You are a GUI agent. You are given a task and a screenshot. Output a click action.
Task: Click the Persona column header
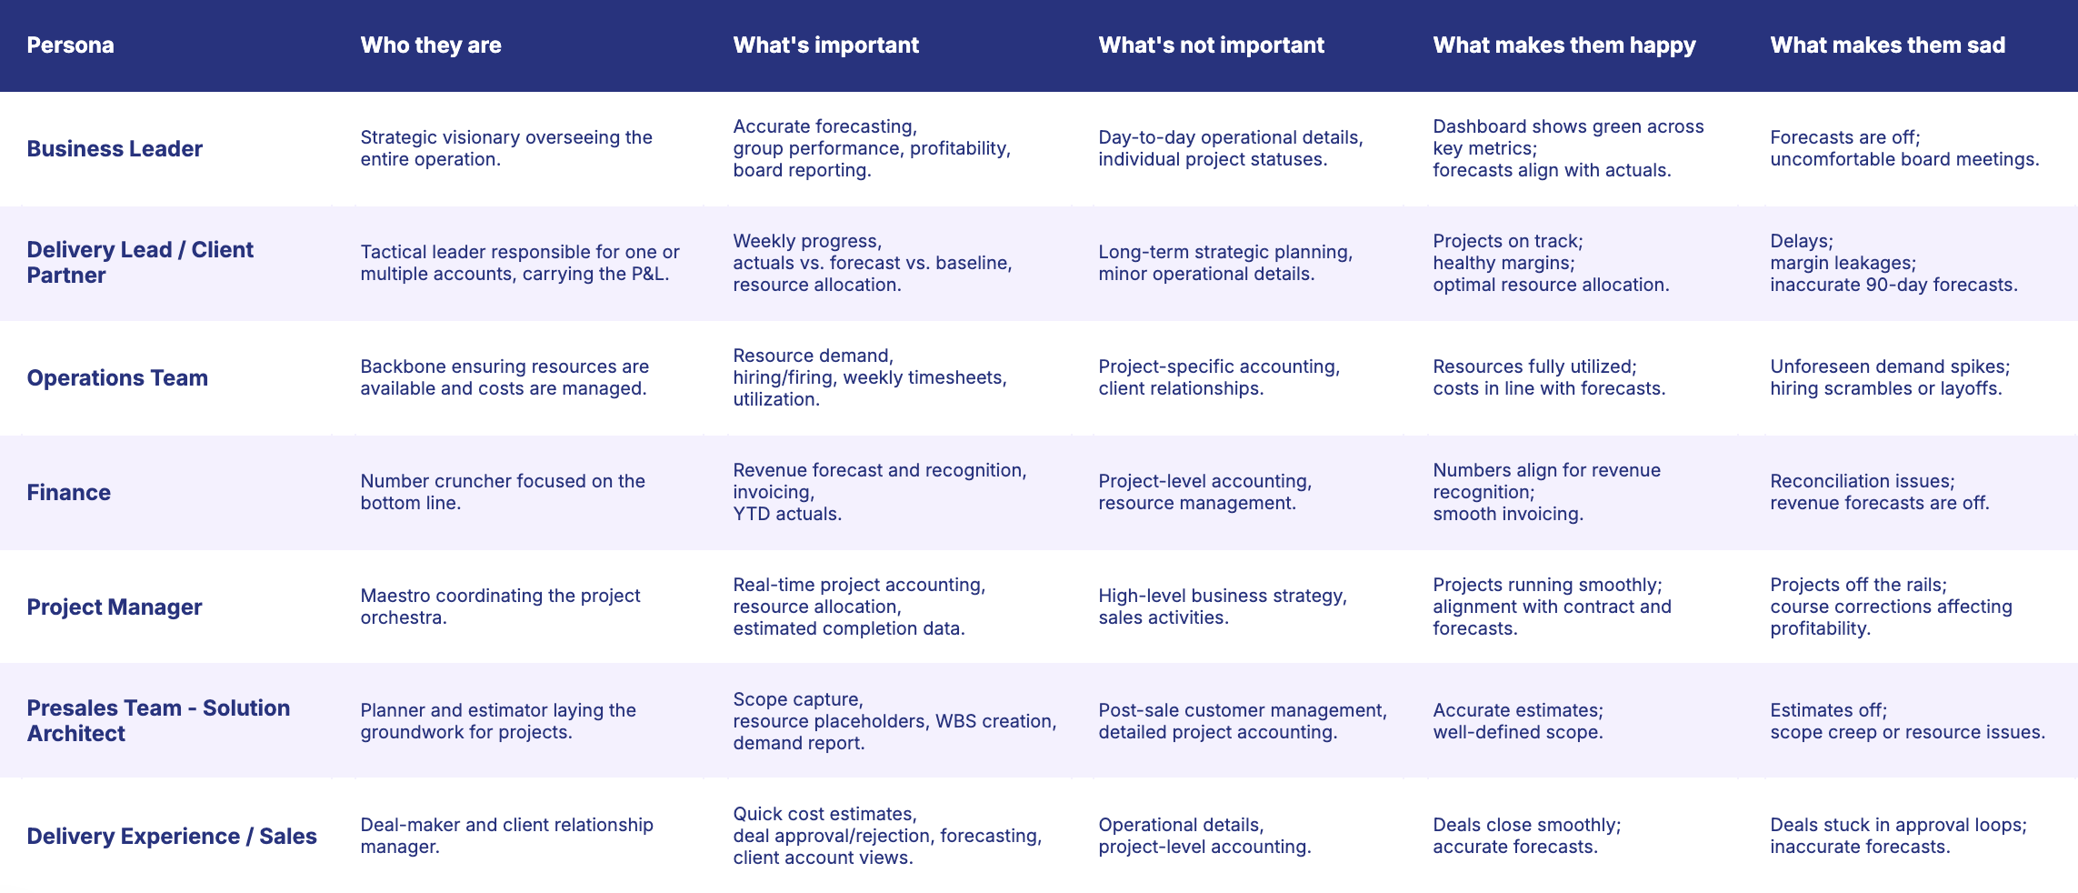tap(70, 45)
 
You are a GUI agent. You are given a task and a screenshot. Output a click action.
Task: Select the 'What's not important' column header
tap(1211, 45)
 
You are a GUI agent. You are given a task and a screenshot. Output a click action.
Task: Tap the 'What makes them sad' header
tap(1887, 45)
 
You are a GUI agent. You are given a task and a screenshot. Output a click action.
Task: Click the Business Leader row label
tap(115, 148)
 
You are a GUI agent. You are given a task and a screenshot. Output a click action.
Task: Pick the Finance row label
tap(69, 492)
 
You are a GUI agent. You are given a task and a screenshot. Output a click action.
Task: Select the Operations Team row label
tap(117, 377)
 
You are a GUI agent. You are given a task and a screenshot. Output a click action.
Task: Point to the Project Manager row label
tap(115, 607)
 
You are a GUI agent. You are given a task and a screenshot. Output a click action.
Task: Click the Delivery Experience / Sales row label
tap(172, 836)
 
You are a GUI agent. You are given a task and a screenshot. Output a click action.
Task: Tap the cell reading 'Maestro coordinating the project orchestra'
tap(500, 607)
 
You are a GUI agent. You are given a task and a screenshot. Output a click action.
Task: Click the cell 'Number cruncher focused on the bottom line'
tap(502, 492)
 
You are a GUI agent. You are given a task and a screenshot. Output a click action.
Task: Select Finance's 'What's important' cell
tap(879, 492)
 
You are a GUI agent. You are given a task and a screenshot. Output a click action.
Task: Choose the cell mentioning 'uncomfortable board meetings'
tap(1904, 148)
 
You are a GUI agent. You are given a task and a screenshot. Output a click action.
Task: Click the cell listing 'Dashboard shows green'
tap(1568, 148)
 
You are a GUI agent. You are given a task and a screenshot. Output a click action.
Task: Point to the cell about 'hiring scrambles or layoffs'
tap(1889, 377)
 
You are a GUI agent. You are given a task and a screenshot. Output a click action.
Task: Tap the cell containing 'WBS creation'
tap(894, 721)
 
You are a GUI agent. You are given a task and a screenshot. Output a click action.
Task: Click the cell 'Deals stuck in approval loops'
tap(1898, 836)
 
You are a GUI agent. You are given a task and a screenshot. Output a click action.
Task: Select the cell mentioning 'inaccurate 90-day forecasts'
tap(1893, 263)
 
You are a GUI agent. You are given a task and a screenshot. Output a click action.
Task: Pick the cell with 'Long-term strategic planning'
tap(1224, 263)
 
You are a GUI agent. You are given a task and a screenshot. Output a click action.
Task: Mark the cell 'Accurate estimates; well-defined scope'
tap(1518, 721)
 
